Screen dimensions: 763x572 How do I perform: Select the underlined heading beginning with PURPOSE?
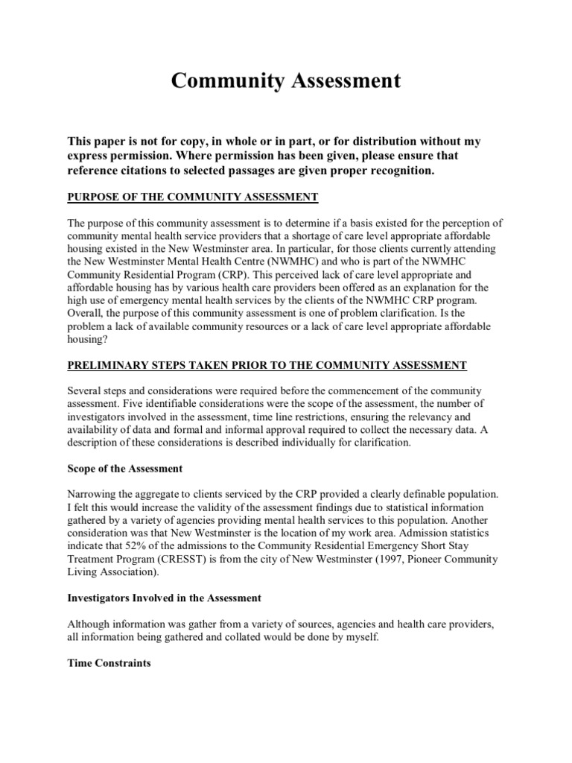193,197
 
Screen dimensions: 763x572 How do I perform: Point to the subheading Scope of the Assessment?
125,469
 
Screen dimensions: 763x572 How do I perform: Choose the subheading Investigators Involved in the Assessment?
164,598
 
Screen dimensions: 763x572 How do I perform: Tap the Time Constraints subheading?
109,662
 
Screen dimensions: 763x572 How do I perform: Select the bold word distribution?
408,142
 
